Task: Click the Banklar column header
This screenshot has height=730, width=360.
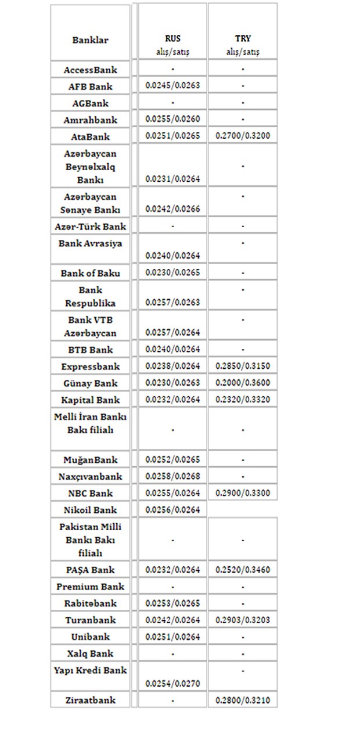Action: (90, 40)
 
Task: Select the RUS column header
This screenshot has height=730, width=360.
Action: (172, 39)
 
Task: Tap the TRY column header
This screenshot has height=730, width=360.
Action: (243, 39)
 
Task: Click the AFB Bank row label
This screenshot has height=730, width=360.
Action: (90, 86)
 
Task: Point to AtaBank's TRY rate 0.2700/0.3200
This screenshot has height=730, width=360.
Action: (243, 136)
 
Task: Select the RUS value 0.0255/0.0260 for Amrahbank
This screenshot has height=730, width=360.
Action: (172, 120)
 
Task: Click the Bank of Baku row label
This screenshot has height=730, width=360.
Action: (90, 272)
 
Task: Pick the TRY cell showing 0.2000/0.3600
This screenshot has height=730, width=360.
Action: (243, 383)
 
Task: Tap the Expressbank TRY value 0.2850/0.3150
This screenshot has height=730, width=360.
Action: (243, 366)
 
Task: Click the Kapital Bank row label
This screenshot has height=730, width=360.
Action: (90, 400)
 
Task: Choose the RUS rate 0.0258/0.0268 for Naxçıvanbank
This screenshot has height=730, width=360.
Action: (172, 476)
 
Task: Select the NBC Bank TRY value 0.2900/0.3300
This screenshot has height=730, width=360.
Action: (243, 493)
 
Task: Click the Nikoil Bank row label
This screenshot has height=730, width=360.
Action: (90, 510)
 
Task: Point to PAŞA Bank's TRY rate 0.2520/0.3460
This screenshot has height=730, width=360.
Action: (243, 570)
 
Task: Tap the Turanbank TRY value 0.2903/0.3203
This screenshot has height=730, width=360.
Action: (243, 620)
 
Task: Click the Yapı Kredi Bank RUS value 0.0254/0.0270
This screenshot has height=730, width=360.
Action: (172, 684)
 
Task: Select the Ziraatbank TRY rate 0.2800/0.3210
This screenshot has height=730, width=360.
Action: (243, 700)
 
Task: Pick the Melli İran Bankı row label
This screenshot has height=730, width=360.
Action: (90, 423)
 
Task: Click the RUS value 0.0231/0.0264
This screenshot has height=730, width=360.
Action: (172, 179)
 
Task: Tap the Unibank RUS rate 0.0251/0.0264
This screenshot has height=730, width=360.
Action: (172, 636)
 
